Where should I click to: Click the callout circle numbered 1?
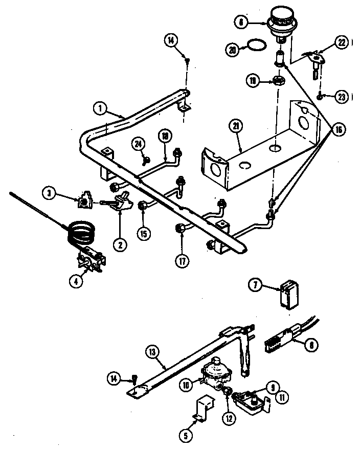click(101, 108)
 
